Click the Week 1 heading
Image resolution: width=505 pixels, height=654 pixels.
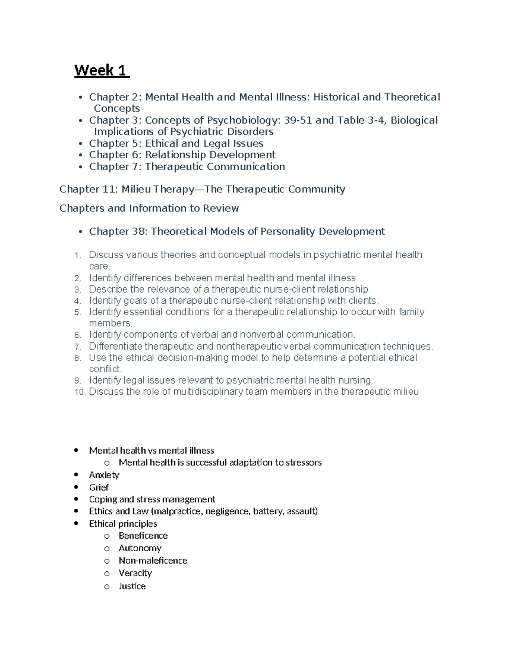(x=101, y=70)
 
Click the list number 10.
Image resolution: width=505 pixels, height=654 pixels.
(x=80, y=392)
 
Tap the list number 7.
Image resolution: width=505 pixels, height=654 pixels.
(x=77, y=347)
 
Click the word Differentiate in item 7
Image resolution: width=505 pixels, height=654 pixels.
(x=116, y=347)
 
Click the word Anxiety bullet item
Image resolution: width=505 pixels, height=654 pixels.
(x=104, y=475)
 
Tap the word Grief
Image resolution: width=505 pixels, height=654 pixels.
(x=99, y=487)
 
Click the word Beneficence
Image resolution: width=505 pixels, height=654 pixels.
(x=143, y=536)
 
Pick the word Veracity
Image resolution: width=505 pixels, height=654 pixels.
(x=135, y=573)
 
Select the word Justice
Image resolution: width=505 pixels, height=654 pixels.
(x=132, y=586)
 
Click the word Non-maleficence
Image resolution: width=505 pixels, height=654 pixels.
(x=153, y=561)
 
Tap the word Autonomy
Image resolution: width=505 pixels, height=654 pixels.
(x=140, y=548)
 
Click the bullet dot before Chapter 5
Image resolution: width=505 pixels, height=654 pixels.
(x=80, y=144)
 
